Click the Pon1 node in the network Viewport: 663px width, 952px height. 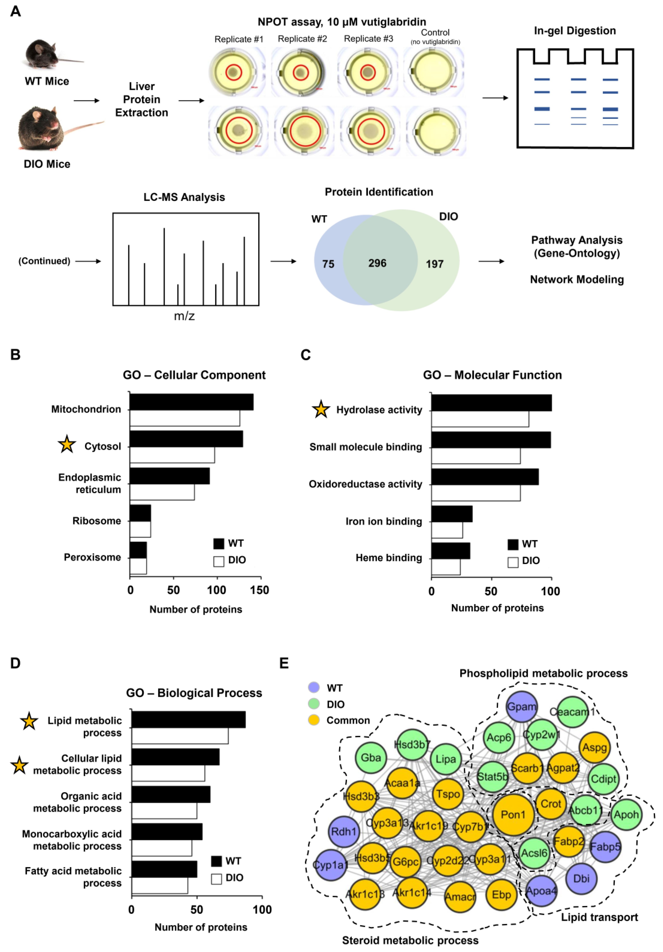513,814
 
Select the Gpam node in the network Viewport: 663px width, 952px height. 522,706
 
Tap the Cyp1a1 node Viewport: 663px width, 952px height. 330,865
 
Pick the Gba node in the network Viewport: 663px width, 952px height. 371,758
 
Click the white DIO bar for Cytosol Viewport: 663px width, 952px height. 172,455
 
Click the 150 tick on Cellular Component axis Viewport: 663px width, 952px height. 260,590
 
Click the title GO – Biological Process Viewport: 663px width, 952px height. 194,693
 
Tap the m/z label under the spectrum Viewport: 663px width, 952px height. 184,316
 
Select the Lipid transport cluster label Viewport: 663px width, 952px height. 599,917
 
